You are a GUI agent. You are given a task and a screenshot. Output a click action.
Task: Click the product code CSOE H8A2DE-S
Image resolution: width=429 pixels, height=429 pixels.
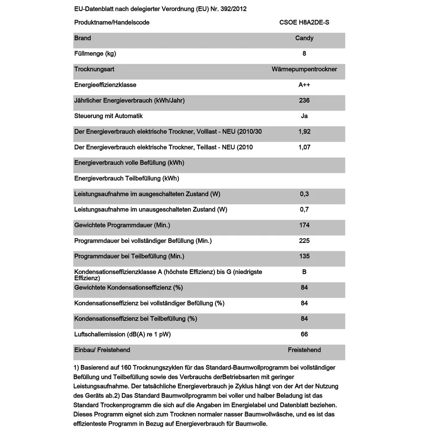304,22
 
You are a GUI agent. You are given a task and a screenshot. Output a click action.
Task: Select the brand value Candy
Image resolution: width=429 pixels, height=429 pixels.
304,38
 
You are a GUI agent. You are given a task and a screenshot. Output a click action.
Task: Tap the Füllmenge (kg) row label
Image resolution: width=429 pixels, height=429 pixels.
95,54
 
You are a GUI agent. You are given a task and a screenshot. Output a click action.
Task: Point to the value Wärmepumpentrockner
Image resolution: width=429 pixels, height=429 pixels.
304,69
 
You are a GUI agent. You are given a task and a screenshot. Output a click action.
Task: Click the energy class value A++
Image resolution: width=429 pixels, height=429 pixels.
304,85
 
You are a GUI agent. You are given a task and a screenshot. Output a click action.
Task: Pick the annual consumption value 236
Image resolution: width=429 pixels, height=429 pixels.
304,101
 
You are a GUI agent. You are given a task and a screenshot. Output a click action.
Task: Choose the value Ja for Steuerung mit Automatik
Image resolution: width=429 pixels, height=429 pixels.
304,116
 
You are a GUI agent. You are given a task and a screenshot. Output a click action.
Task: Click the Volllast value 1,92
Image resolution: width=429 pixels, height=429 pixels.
304,132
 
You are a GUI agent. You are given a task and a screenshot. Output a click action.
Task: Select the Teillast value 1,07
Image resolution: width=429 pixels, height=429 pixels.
304,147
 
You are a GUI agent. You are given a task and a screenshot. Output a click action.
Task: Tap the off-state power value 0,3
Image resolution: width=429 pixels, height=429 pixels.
304,194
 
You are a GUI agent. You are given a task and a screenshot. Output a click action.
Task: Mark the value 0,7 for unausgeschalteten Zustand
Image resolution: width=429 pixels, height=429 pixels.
304,209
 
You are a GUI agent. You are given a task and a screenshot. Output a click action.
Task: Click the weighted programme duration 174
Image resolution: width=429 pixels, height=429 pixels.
304,225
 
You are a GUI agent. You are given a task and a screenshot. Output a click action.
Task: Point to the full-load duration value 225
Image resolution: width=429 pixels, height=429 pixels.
304,240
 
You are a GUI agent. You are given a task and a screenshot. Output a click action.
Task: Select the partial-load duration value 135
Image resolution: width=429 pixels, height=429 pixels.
304,256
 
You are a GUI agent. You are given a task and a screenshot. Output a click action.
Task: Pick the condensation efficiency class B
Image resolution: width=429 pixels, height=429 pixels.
304,272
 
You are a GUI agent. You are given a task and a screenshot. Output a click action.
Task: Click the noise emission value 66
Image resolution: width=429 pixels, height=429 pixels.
304,334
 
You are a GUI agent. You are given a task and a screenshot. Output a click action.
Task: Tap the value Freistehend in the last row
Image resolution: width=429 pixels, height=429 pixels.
304,350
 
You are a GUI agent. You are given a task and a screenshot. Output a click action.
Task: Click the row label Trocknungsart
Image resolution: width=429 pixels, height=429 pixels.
94,69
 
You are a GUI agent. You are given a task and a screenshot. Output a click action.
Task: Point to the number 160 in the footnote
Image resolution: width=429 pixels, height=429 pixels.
121,368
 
